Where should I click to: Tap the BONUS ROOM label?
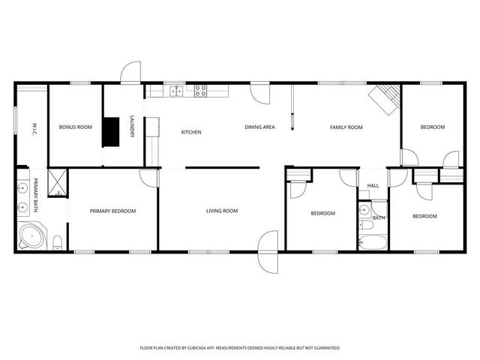click(x=75, y=127)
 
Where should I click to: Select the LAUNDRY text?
click(x=132, y=126)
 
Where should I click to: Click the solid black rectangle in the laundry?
click(x=111, y=131)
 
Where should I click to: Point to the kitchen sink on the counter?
click(x=176, y=91)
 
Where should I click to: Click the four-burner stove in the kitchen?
click(x=201, y=91)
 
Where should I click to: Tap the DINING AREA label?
click(x=259, y=127)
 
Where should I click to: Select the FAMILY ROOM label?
click(x=346, y=127)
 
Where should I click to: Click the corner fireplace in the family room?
click(x=385, y=98)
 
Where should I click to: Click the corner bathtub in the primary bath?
click(x=31, y=237)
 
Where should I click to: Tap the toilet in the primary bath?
click(x=57, y=240)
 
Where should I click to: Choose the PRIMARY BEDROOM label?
click(x=112, y=211)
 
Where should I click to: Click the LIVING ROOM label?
click(x=222, y=211)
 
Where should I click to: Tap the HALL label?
click(x=373, y=187)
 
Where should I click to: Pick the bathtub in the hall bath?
click(x=372, y=242)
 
